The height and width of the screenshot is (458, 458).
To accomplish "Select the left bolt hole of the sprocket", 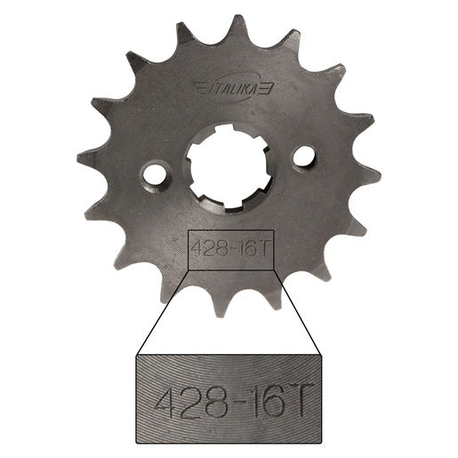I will point(155,173).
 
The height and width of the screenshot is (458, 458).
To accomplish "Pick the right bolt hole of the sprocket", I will point(304,155).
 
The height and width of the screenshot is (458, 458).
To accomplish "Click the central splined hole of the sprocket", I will point(229,165).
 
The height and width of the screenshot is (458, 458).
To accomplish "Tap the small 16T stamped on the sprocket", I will point(252,250).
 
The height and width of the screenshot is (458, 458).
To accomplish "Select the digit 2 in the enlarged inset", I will point(194,399).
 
